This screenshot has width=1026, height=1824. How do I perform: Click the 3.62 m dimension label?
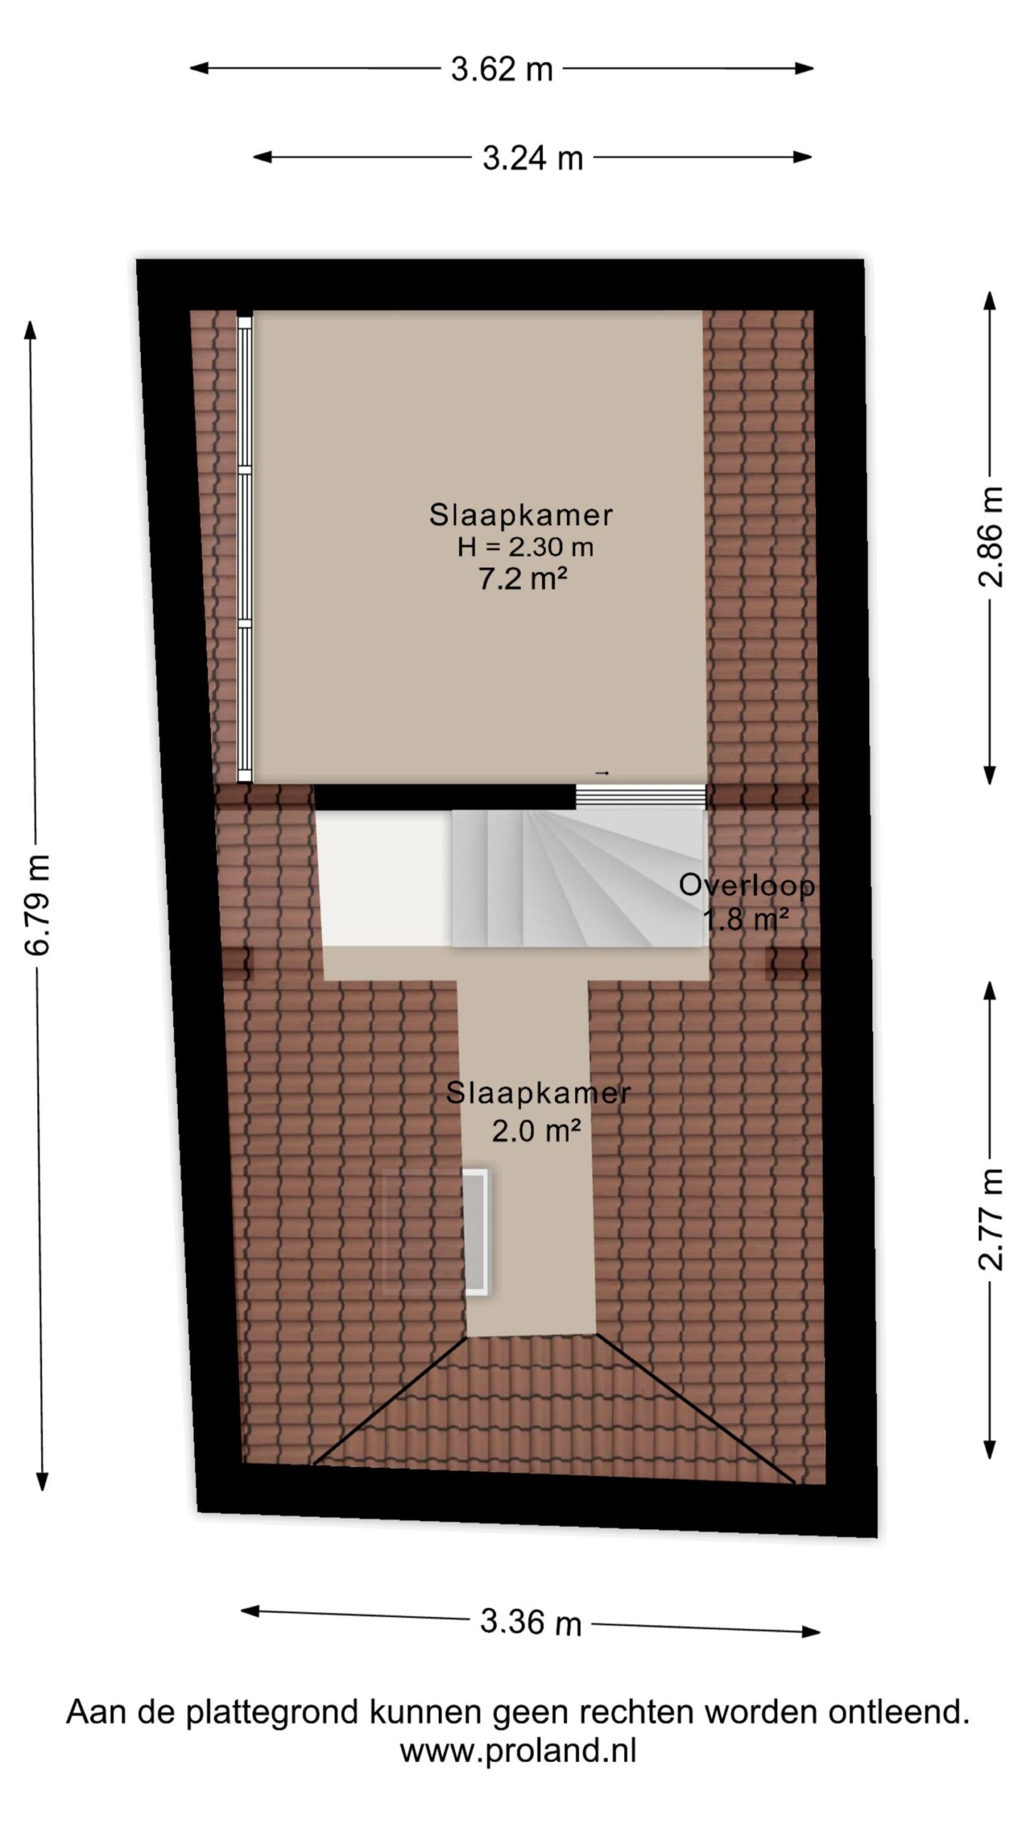click(502, 69)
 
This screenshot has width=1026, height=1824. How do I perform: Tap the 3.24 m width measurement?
click(532, 157)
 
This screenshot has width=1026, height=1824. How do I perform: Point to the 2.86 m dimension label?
click(990, 537)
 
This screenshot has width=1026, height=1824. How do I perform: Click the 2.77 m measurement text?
click(990, 1220)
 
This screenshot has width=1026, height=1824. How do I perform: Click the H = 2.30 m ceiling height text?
click(525, 546)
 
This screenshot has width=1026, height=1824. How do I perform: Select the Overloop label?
click(747, 886)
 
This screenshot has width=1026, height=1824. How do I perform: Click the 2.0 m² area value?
click(536, 1130)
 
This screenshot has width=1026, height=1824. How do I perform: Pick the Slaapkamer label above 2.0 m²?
click(538, 1093)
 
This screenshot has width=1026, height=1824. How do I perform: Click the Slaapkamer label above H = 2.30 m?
click(521, 515)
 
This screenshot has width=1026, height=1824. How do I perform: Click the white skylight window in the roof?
click(476, 1232)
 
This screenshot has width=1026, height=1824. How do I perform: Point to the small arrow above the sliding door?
click(602, 773)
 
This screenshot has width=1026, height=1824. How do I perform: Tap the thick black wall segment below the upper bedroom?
click(445, 797)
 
